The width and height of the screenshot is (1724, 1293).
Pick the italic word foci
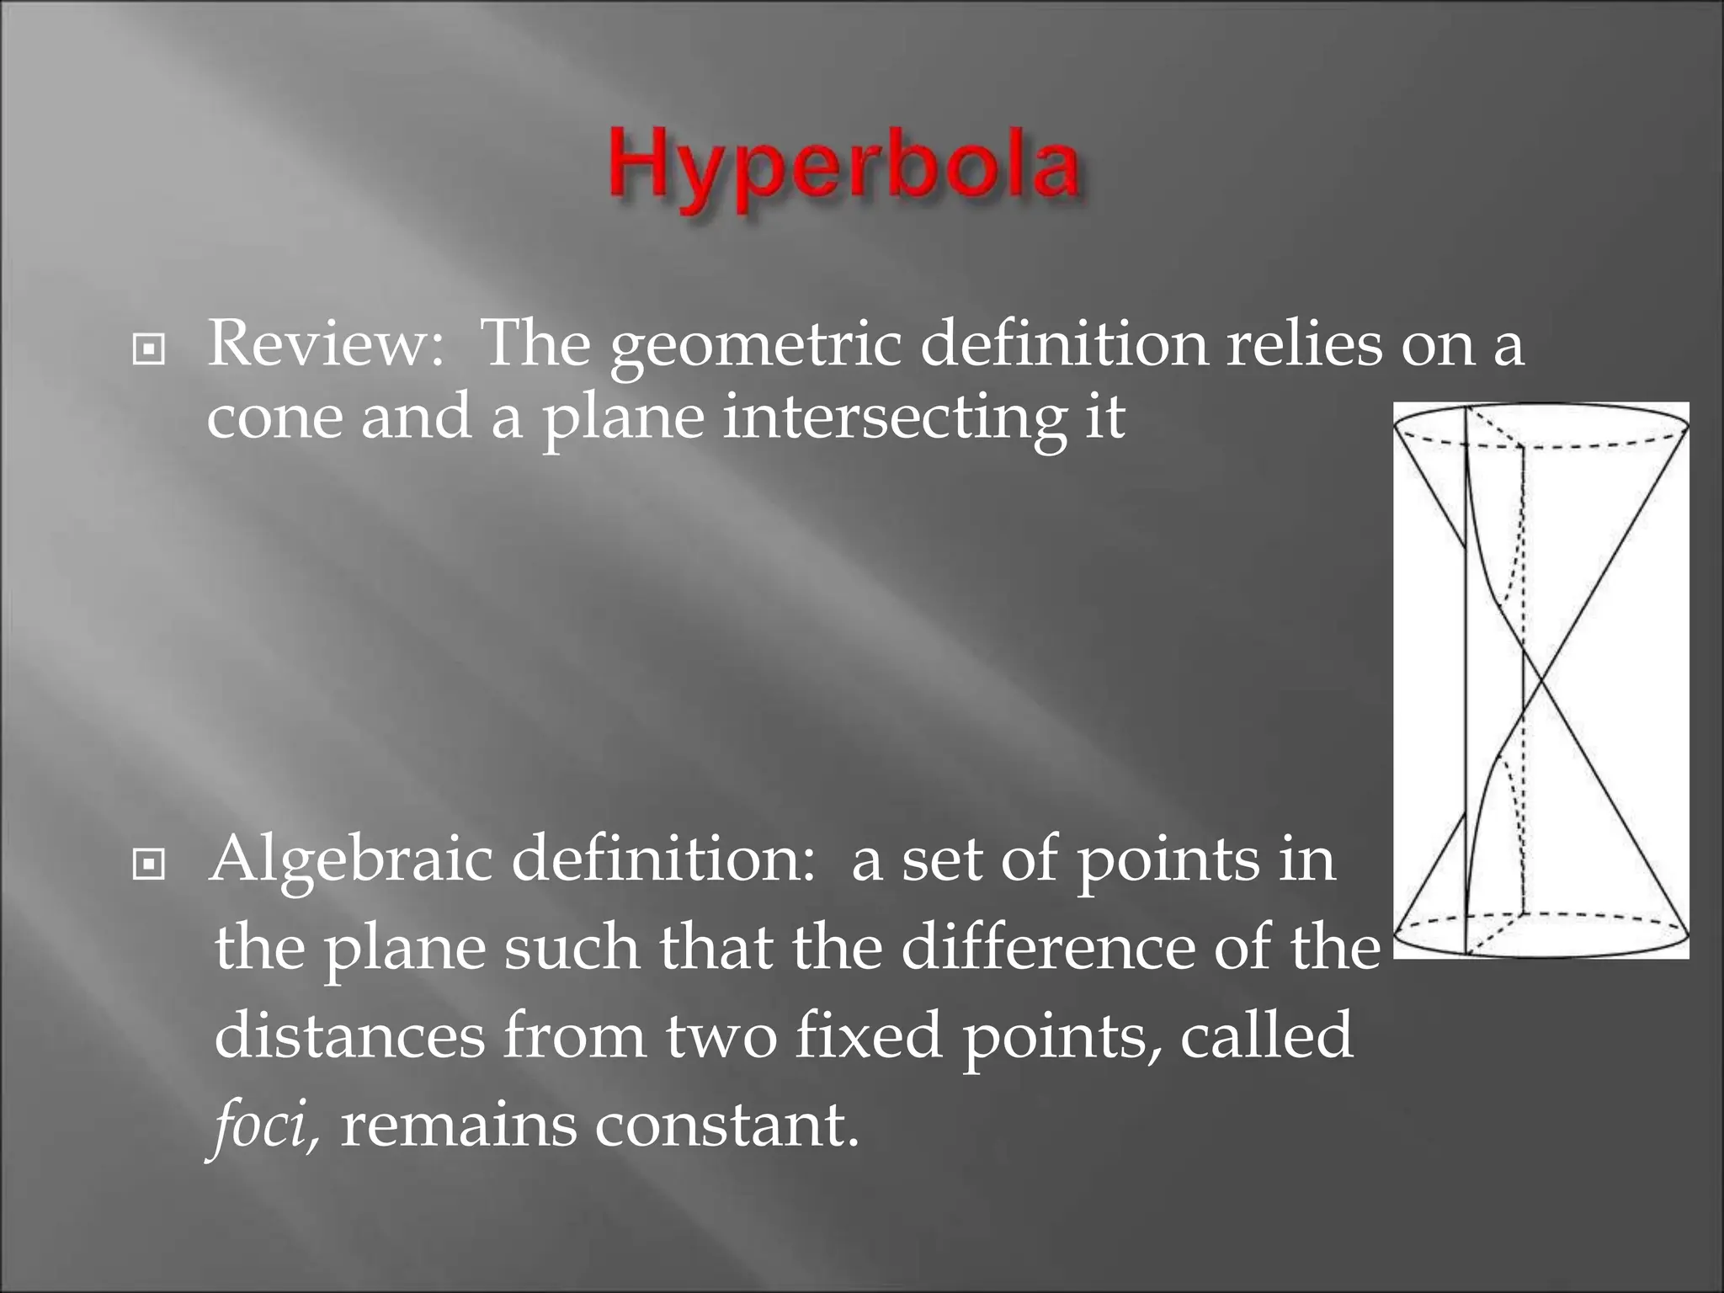[x=263, y=1126]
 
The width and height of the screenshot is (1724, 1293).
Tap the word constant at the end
[x=726, y=1126]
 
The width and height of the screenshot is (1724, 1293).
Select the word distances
[x=349, y=1036]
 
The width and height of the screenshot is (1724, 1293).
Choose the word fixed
[x=868, y=1036]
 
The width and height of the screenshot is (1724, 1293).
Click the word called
[x=1266, y=1036]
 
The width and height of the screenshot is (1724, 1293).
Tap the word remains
[x=459, y=1126]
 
